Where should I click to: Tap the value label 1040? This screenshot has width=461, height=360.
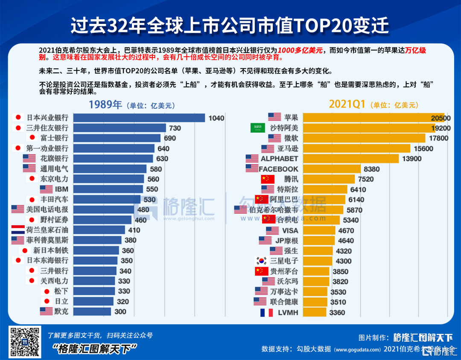pos(216,118)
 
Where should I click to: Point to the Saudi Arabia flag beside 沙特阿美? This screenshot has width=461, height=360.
pos(257,128)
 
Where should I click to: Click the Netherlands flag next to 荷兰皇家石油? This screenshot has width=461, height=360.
pos(18,230)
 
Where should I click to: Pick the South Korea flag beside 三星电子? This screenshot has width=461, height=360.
pos(261,261)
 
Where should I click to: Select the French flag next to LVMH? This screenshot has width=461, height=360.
pos(266,313)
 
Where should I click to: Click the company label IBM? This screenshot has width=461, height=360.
pos(60,189)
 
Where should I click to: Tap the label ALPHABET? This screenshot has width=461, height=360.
pos(279,159)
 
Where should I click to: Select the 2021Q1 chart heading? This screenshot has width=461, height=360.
pos(347,105)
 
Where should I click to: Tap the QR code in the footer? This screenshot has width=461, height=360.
pos(25,342)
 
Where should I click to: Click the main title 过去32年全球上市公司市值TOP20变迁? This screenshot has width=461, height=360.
pos(230,26)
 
